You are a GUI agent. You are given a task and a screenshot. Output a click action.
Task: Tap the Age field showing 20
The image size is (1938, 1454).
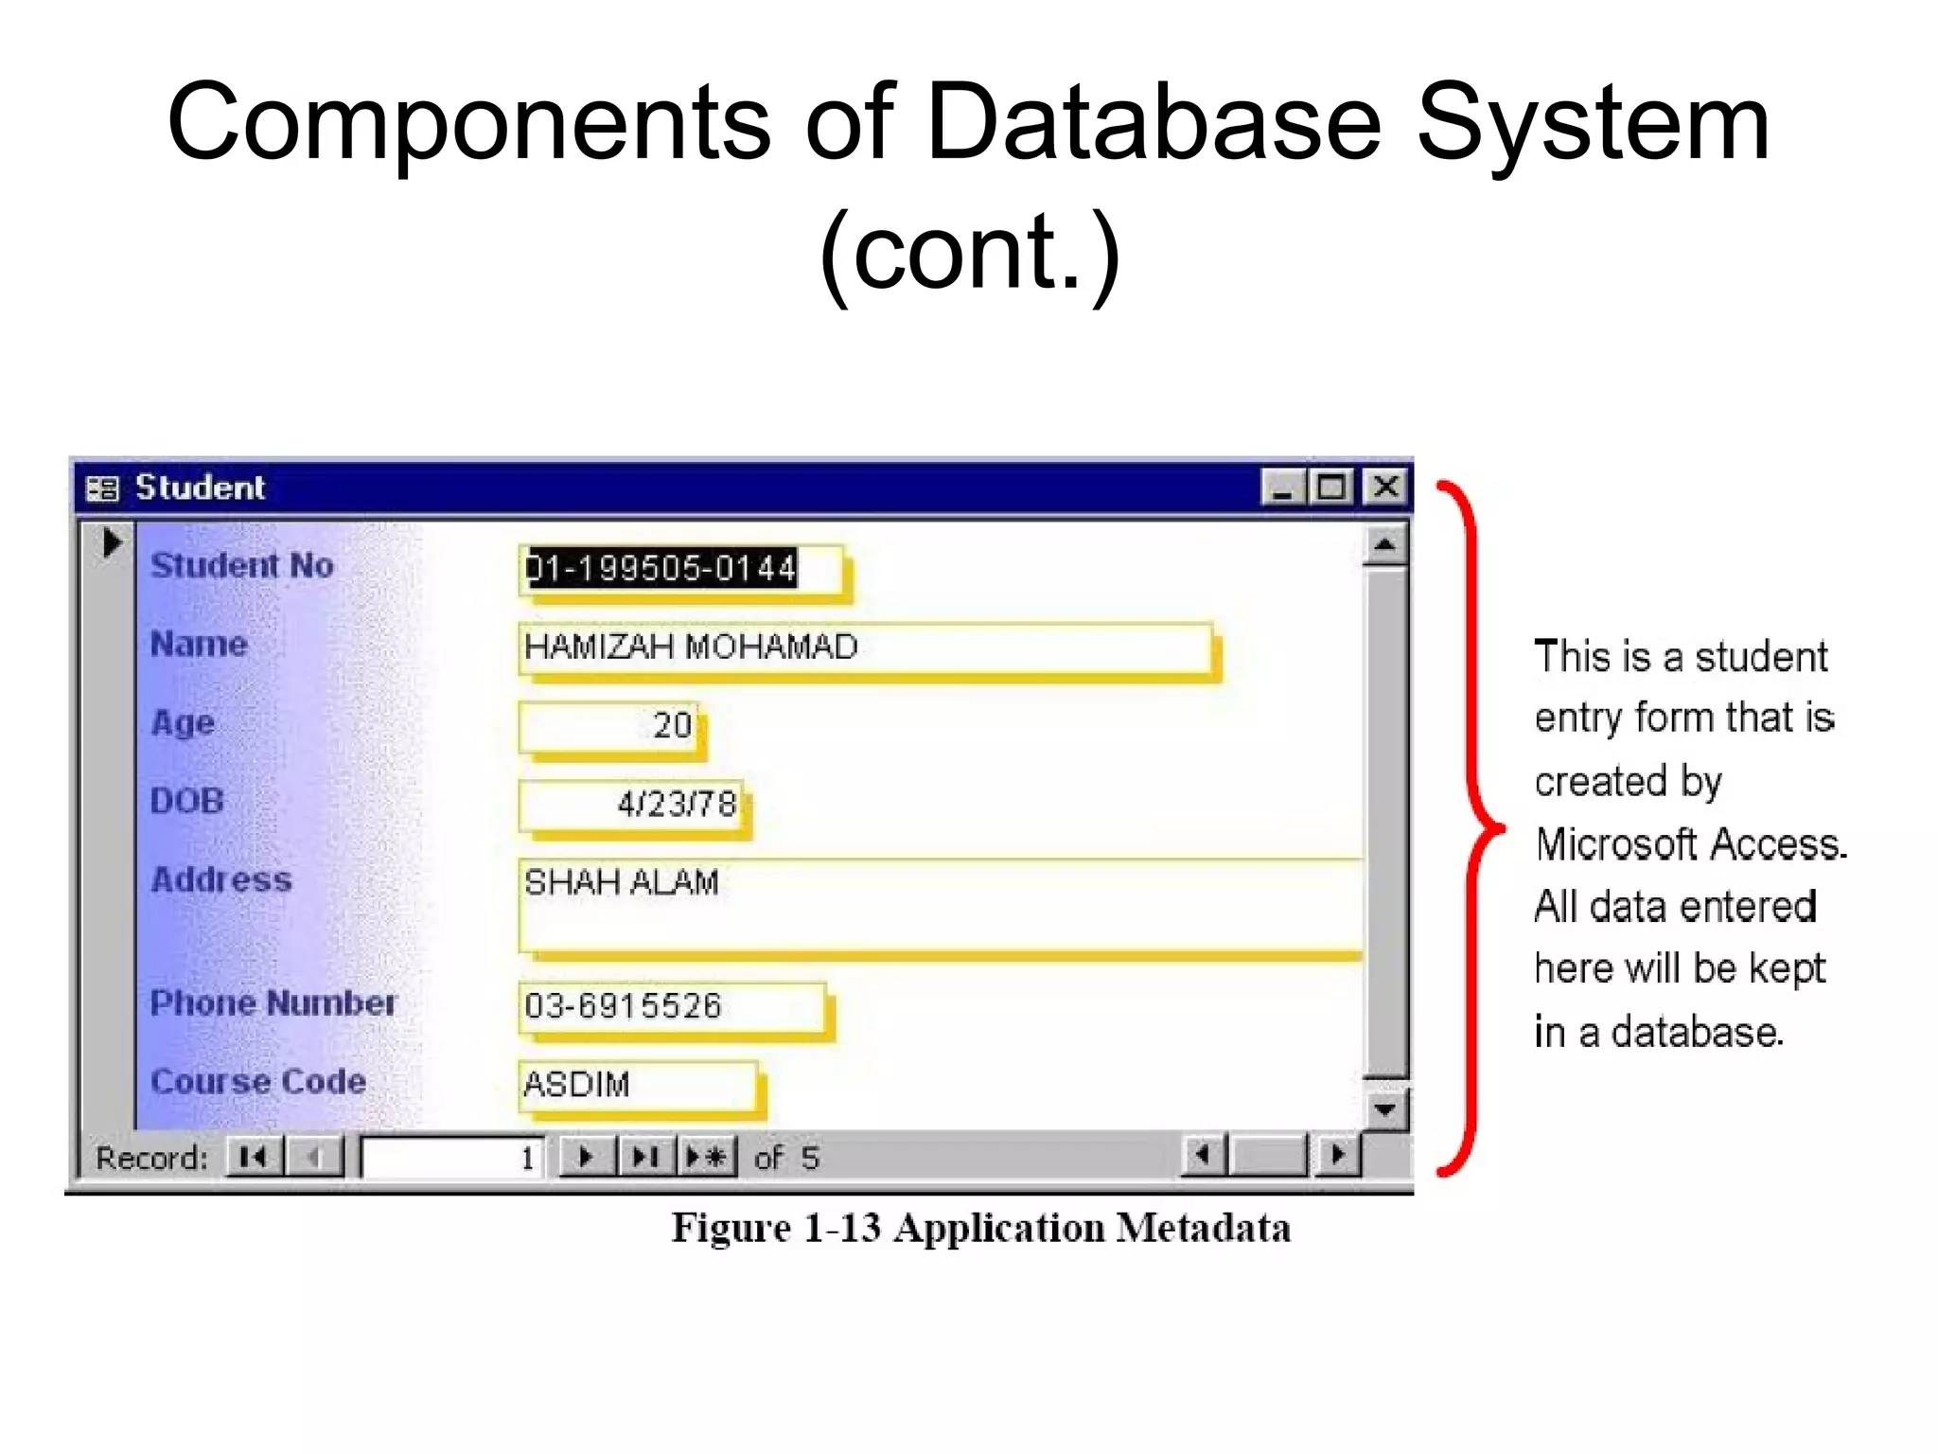tap(609, 726)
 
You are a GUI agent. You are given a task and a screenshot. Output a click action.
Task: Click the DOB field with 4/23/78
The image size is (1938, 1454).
tap(630, 805)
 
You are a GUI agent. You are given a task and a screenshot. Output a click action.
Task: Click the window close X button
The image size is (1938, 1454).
tap(1385, 488)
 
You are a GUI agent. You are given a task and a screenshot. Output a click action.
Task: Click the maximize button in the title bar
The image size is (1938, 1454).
tap(1332, 488)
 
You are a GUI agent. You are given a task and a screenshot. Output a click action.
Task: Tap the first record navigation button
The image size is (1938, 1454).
tap(254, 1157)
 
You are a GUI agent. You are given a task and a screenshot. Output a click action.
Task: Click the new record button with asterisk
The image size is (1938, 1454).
tap(707, 1157)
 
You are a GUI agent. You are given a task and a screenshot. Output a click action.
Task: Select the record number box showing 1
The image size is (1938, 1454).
tap(452, 1157)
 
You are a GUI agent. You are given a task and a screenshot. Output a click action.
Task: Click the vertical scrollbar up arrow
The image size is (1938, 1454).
tap(1384, 544)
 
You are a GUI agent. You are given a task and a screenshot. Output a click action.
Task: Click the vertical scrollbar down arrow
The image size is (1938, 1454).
tap(1384, 1108)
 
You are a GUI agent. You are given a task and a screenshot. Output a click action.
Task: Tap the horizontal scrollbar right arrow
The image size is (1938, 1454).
tap(1336, 1155)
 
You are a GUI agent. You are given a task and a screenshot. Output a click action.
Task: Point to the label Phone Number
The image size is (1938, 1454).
tap(273, 1003)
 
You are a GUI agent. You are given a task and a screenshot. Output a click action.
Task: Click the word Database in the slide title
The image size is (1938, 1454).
tap(1153, 123)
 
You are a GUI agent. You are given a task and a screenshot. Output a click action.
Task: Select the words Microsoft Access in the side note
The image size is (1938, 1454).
tap(1690, 844)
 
